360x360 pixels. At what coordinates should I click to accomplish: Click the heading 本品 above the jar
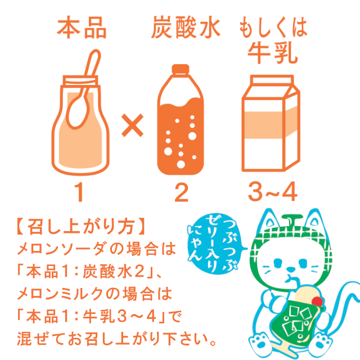point(82,28)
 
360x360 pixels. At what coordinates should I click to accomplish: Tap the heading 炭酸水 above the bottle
point(186,27)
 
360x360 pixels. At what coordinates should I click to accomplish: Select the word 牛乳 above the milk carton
point(273,53)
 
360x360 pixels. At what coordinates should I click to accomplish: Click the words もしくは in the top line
point(273,27)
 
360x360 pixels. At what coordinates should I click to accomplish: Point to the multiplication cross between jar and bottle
point(133,125)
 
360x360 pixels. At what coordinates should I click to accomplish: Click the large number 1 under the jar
point(79,192)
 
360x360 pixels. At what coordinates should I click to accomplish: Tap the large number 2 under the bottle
point(181,192)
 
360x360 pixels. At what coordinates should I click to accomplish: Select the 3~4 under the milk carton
point(273,192)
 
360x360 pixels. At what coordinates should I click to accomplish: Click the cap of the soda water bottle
point(181,69)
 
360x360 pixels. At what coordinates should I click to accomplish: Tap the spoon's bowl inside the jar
point(78,112)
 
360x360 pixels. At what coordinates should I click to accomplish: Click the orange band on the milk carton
point(271,124)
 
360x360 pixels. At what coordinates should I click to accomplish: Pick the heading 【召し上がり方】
point(81,227)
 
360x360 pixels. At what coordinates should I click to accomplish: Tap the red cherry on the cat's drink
point(317,301)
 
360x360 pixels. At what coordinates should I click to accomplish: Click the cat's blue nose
point(291,269)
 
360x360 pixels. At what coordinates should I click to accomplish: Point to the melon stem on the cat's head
point(292,219)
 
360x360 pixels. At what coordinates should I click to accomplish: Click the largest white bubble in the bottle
point(192,136)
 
